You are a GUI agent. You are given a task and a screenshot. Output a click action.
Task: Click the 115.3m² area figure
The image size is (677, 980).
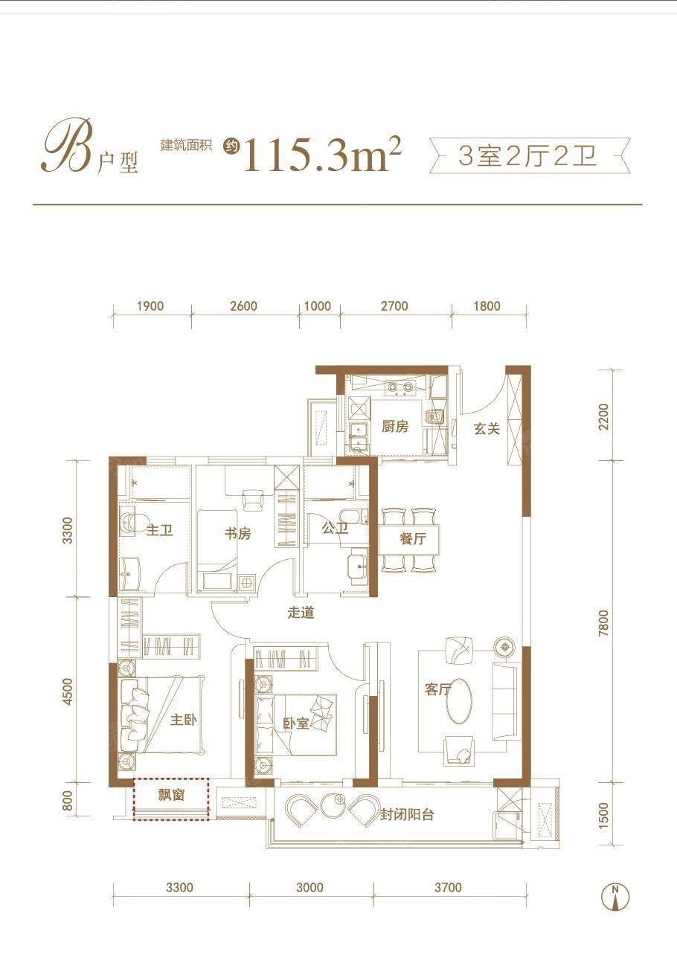pos(321,155)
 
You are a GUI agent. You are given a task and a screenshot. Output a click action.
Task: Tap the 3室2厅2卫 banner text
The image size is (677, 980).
pos(528,156)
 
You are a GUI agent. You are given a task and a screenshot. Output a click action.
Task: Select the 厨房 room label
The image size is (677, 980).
pos(395,427)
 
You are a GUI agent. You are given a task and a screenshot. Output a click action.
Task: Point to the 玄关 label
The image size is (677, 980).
pos(487,428)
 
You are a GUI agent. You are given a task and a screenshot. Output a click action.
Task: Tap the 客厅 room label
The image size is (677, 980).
pos(438,689)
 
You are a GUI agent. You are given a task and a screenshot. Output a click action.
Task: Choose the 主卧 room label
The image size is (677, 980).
pos(184,720)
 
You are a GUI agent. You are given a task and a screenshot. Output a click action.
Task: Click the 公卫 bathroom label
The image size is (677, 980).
pos(336,529)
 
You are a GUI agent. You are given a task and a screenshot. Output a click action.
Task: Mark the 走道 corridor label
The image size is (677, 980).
pos(301,613)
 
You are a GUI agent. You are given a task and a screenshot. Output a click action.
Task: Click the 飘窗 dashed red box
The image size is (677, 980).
pos(171,798)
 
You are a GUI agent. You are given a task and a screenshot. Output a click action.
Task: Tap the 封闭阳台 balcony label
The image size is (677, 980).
pos(407,814)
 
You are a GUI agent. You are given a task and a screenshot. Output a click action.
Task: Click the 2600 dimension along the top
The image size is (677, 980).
pos(244,306)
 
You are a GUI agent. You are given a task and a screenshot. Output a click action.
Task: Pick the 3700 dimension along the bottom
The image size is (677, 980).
pos(448,887)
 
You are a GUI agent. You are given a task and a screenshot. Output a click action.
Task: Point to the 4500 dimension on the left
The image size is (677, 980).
pos(68,691)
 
